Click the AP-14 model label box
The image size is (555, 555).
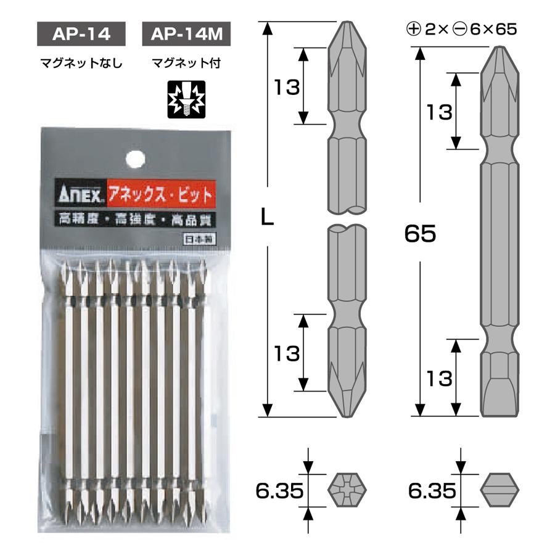[x=81, y=35]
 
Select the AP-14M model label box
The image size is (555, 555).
[x=186, y=35]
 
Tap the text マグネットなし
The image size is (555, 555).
[x=81, y=63]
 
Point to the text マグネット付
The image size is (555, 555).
[x=186, y=63]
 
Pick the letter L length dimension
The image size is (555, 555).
[x=267, y=217]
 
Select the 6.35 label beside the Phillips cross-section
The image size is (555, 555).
[x=279, y=491]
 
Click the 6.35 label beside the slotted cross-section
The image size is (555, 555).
[x=432, y=491]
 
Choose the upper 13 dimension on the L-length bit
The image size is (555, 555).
[x=287, y=87]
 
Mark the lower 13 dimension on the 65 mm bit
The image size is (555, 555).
[x=439, y=377]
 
